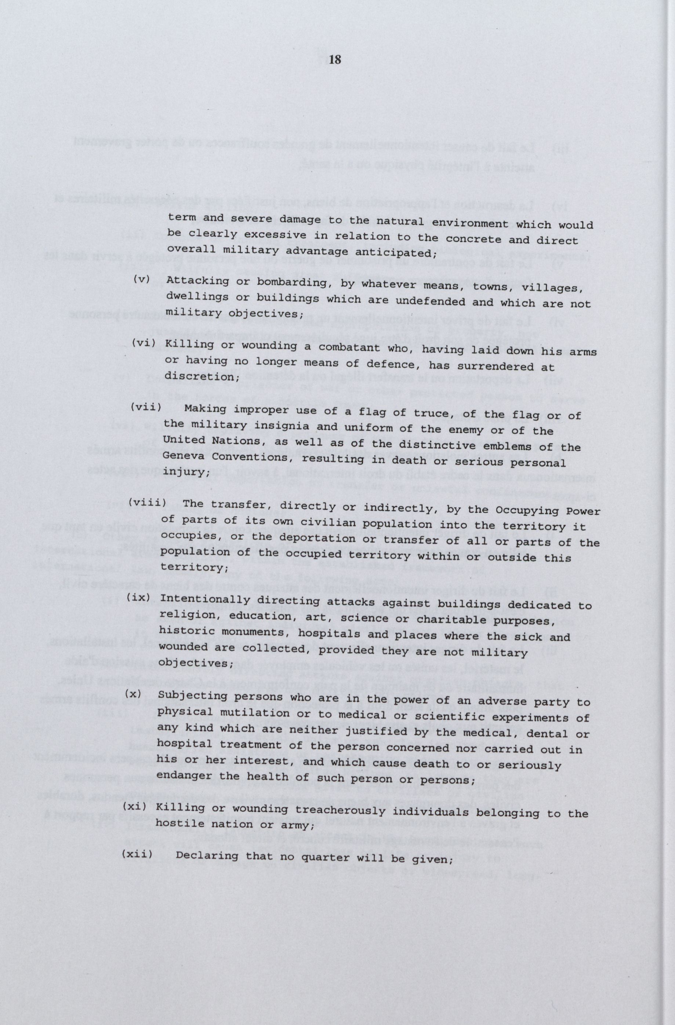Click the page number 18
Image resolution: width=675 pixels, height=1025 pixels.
point(335,60)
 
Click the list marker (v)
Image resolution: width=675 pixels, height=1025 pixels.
point(141,279)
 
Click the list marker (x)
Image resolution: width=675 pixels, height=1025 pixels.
point(133,694)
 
